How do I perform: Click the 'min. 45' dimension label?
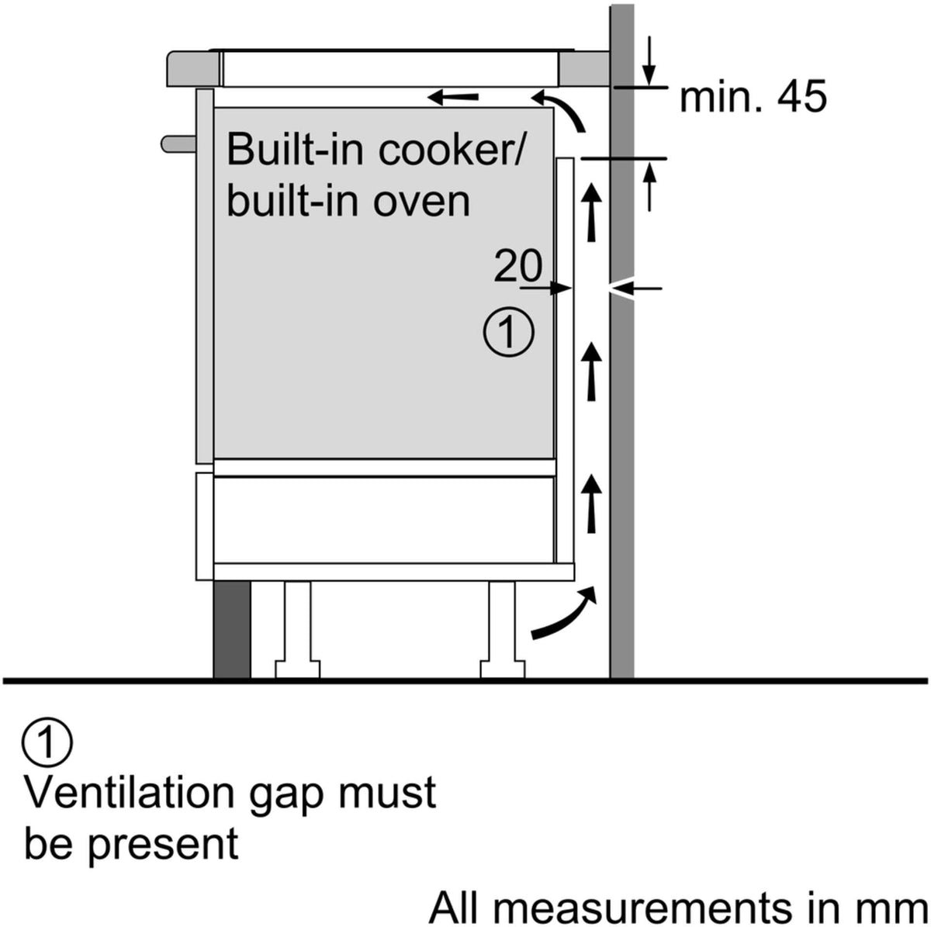753,98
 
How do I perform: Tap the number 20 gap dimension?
518,265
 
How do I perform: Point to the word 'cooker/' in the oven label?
450,150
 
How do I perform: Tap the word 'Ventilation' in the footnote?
130,806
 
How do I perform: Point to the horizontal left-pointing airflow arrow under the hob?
453,98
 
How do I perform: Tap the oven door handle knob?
178,144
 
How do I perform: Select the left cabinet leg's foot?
298,669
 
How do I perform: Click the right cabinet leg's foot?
503,669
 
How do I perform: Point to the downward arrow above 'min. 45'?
650,61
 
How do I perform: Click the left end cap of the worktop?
193,69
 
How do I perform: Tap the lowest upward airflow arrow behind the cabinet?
591,503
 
